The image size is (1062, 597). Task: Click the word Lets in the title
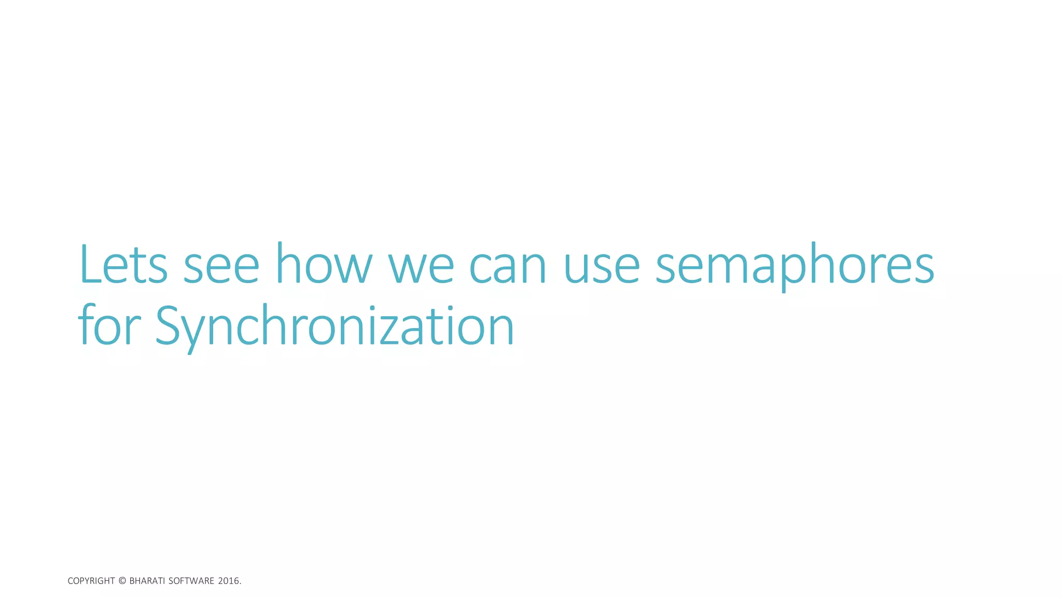coord(123,265)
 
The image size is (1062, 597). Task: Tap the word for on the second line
coord(109,326)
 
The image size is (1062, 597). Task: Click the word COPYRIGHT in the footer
coord(91,581)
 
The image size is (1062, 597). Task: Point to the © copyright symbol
coord(122,581)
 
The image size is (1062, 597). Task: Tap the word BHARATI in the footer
coord(147,581)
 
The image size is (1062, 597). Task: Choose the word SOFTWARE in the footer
coord(191,581)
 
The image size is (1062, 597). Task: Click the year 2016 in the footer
coord(228,581)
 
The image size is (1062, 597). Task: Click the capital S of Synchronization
coord(169,325)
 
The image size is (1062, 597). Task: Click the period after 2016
coord(241,584)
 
